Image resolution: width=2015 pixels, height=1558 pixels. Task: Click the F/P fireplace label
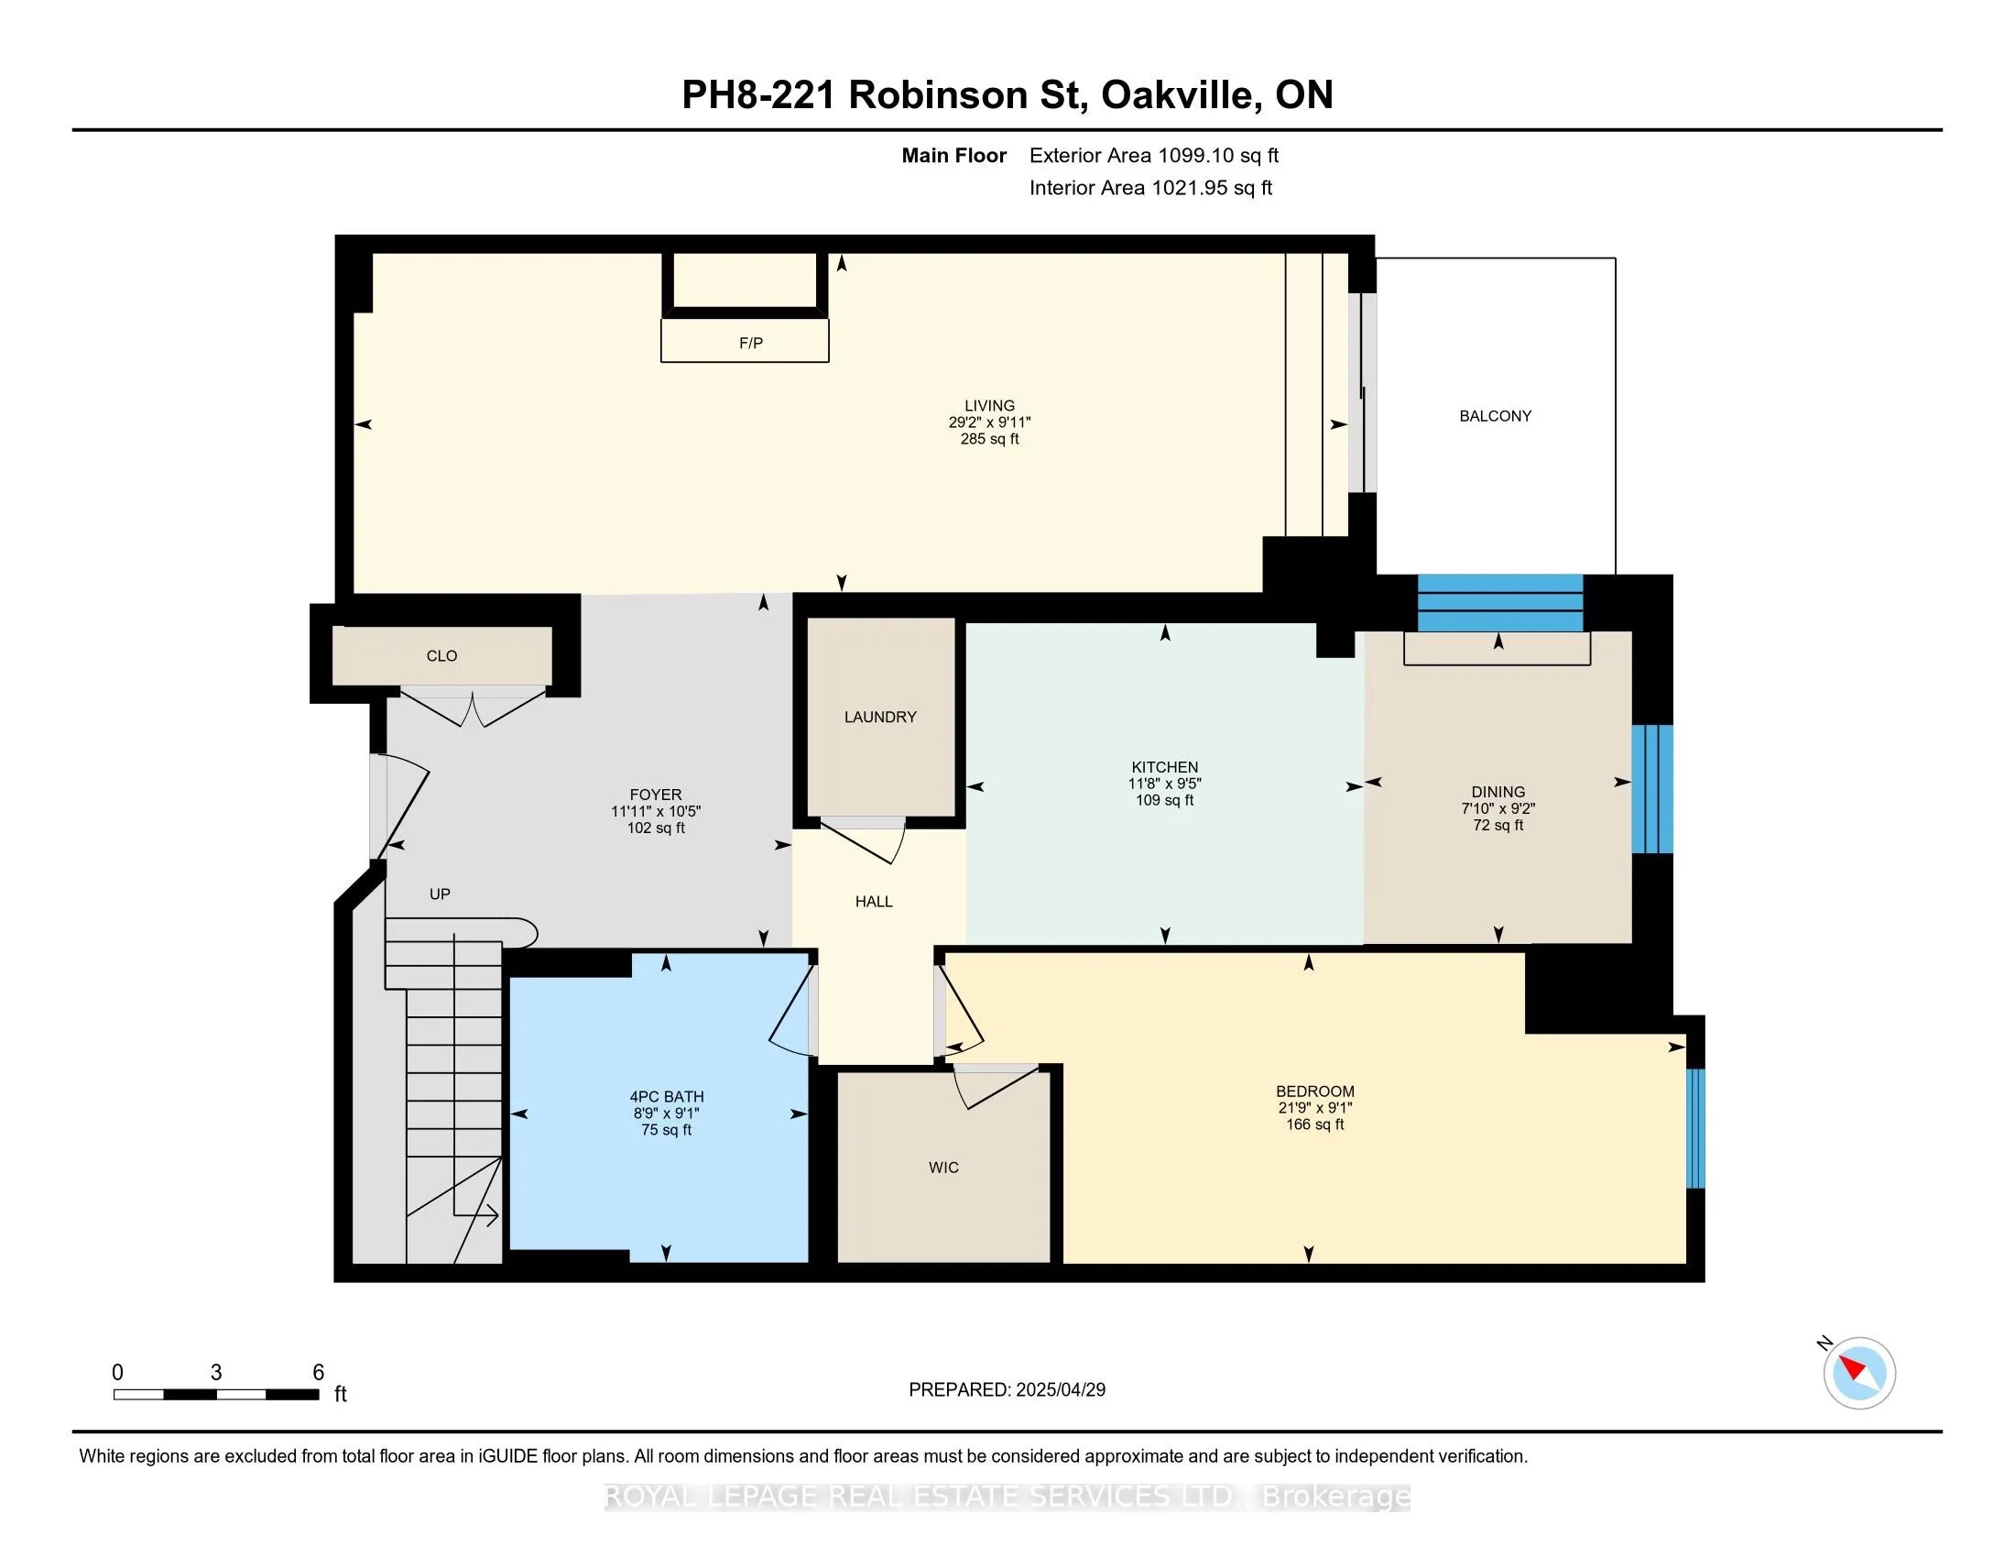point(751,344)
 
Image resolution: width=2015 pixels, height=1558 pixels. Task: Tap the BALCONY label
point(1495,416)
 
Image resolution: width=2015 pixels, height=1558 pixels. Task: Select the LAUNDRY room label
point(880,718)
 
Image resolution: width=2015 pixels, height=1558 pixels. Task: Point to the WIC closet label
point(943,1168)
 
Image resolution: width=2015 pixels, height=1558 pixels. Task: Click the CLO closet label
point(442,656)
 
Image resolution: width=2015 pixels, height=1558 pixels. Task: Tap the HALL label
point(874,902)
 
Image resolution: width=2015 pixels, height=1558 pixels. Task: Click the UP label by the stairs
point(440,894)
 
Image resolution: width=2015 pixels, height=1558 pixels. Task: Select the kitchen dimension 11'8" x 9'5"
point(1165,784)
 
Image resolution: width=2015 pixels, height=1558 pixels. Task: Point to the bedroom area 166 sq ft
point(1314,1125)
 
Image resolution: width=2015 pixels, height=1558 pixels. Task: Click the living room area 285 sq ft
point(989,439)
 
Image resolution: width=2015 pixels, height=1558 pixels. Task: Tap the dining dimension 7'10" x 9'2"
point(1498,808)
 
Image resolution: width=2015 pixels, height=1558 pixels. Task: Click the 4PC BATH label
point(666,1096)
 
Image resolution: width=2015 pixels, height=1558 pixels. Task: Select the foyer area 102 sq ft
point(656,828)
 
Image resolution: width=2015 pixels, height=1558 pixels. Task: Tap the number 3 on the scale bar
point(216,1373)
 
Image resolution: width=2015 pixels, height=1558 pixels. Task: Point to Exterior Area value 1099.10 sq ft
point(1217,156)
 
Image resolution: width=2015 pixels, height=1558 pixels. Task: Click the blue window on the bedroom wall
point(1694,1128)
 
